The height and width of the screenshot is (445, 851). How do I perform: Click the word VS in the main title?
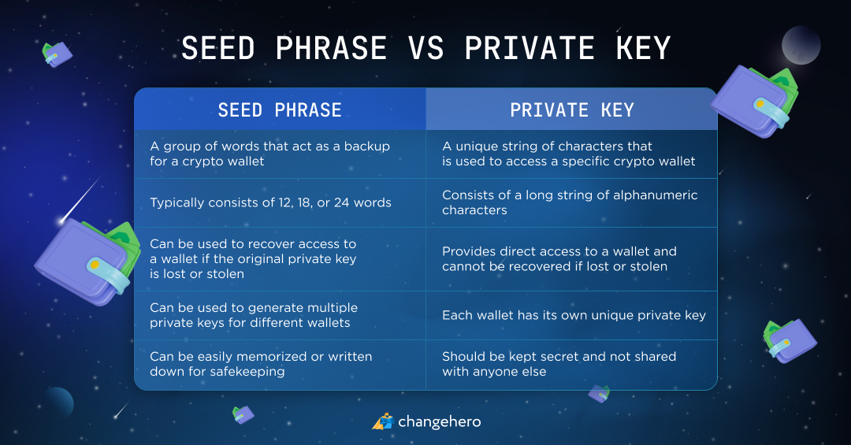(426, 48)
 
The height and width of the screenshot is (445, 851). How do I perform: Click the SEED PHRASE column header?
(280, 110)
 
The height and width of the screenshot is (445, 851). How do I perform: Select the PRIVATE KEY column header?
(572, 110)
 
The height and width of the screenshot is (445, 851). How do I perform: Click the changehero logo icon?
(383, 421)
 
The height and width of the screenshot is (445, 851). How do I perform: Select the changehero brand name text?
(440, 421)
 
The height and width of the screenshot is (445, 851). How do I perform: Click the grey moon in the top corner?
(801, 45)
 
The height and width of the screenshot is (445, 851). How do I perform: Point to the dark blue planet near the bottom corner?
(58, 402)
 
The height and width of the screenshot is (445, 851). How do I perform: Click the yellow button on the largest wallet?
(94, 265)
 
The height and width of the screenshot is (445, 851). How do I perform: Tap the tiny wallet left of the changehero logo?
(243, 414)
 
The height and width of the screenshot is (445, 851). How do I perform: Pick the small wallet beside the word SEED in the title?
(57, 54)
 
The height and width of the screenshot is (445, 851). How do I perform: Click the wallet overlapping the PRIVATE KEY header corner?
(756, 102)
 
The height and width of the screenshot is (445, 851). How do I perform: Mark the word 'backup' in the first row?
(367, 146)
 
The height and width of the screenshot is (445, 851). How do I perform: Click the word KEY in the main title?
(644, 48)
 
